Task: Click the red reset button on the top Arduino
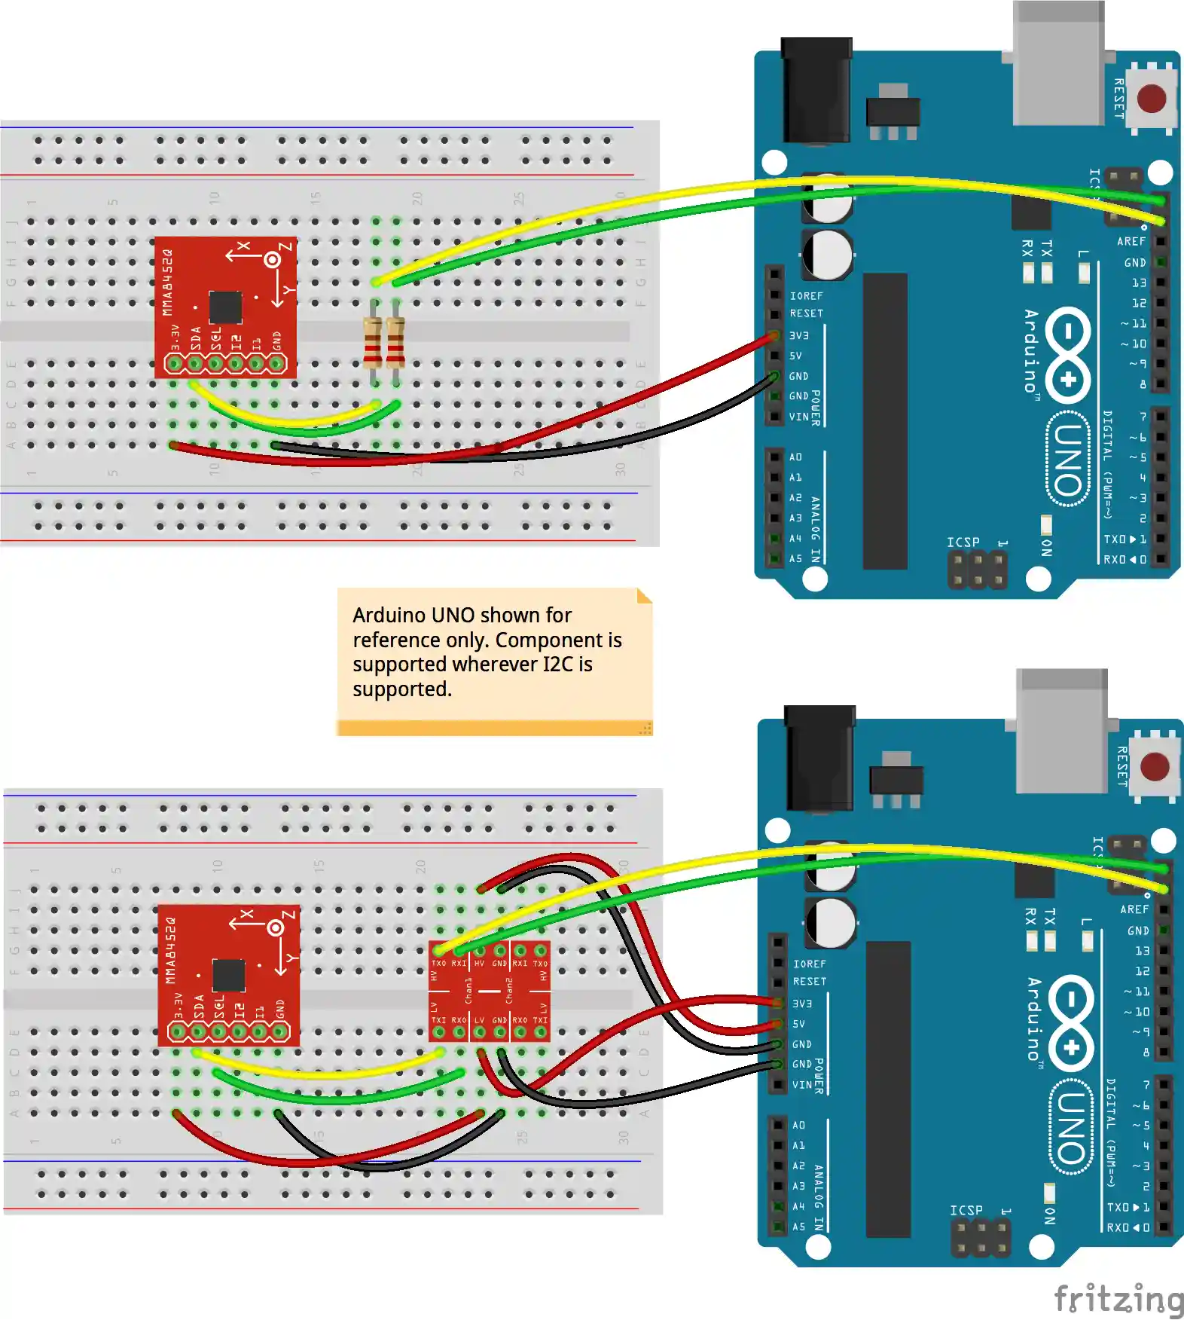tap(1152, 98)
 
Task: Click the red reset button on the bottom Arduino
tap(1155, 766)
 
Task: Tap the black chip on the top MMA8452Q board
tap(225, 307)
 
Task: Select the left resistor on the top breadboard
tap(373, 342)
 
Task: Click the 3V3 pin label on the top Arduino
tap(799, 335)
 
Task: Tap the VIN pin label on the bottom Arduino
tap(802, 1085)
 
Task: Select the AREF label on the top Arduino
tap(1131, 241)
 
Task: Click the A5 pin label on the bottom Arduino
tap(798, 1227)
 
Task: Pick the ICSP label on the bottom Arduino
tap(966, 1210)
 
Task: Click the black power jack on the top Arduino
tap(816, 90)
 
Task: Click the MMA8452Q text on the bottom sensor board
tap(170, 951)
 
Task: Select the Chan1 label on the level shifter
tap(468, 991)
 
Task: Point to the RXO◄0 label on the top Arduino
tap(1124, 560)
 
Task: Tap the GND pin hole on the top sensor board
tap(276, 365)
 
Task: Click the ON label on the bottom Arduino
tap(1049, 1215)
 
